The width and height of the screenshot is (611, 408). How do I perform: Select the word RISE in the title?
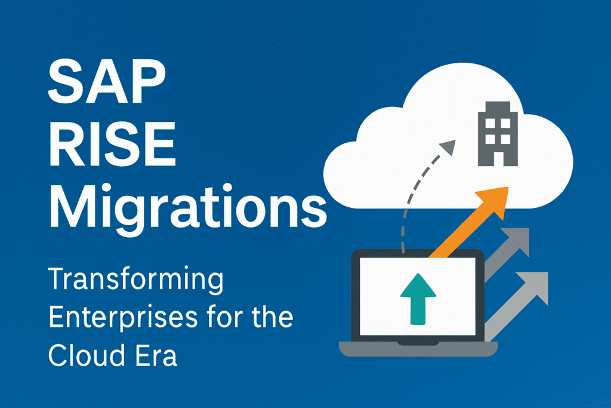click(x=113, y=144)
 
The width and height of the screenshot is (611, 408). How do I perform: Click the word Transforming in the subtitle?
click(x=136, y=280)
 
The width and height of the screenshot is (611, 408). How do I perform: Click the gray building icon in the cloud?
click(x=498, y=134)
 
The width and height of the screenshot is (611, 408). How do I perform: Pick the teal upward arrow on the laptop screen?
click(x=418, y=299)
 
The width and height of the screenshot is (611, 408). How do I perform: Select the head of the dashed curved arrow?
click(x=448, y=147)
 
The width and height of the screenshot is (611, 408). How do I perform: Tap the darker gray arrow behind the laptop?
click(x=507, y=254)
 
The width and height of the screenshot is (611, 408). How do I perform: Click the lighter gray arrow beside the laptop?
click(x=516, y=306)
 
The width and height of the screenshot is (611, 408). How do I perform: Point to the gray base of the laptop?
click(x=418, y=349)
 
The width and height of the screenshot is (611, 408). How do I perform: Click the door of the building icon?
click(x=498, y=158)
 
